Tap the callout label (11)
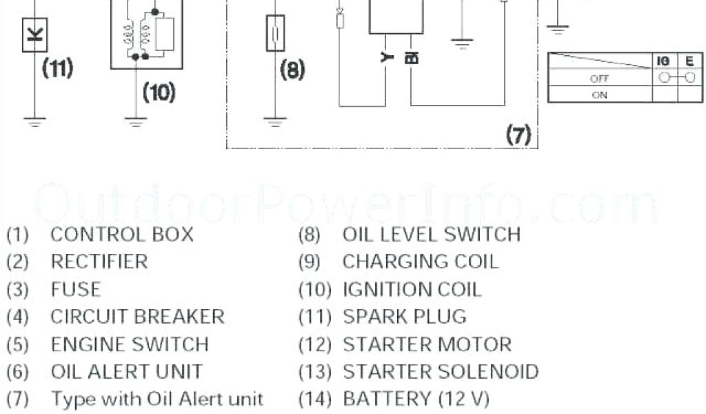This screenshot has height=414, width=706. (x=57, y=69)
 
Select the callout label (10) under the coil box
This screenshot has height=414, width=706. (x=159, y=92)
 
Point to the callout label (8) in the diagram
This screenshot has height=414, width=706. (x=293, y=70)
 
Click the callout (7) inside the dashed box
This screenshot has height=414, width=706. (x=518, y=135)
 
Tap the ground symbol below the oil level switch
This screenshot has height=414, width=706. (x=275, y=124)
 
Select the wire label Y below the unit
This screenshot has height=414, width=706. (x=386, y=58)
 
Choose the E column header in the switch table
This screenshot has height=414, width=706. (x=689, y=61)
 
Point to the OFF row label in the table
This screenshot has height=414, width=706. (x=599, y=79)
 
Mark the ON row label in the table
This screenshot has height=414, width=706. (x=599, y=95)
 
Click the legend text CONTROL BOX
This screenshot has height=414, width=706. (x=122, y=235)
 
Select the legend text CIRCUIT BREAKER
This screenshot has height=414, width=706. (x=137, y=317)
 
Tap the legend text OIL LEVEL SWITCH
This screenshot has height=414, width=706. (x=431, y=235)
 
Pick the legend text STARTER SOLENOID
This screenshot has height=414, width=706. (x=441, y=372)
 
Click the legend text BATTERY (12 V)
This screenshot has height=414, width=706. (x=416, y=399)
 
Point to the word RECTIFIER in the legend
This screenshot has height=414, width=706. (x=99, y=262)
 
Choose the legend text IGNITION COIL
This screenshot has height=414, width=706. (x=412, y=289)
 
